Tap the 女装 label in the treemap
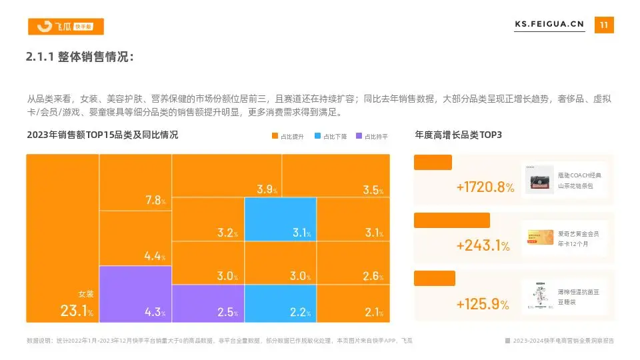[x=87, y=293]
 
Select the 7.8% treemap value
[x=155, y=200]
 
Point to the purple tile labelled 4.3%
[x=135, y=294]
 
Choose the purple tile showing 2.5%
[x=208, y=303]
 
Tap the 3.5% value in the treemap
[x=373, y=190]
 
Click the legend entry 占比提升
[x=288, y=136]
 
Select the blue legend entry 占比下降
[x=331, y=136]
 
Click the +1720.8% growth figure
[x=485, y=187]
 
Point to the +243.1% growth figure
[x=483, y=245]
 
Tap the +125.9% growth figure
[x=483, y=304]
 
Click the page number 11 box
[x=604, y=25]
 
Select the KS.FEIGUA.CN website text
[x=549, y=25]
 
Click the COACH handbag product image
[x=539, y=179]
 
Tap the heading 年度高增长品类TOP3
[x=458, y=135]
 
